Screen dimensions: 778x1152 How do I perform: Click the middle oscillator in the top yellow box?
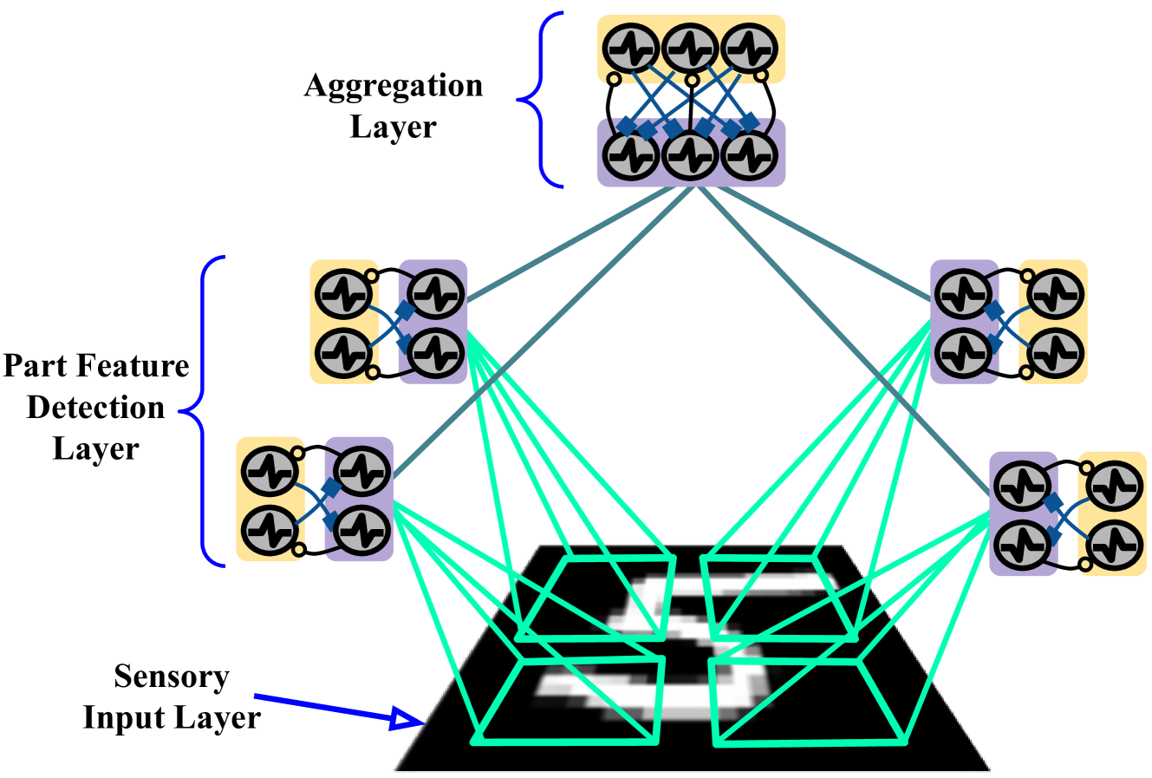(690, 48)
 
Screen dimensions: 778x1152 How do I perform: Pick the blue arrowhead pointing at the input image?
(407, 718)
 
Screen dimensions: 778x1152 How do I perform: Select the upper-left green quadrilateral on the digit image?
(598, 598)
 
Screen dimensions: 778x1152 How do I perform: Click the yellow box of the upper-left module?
(344, 322)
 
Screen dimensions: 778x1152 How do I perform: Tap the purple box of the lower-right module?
(1024, 513)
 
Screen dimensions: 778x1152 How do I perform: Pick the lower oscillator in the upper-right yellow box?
(1055, 351)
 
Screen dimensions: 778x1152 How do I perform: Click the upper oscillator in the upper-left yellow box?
(344, 295)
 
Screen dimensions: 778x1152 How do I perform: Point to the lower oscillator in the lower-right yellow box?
(1114, 545)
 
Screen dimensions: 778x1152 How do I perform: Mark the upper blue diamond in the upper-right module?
(994, 310)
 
